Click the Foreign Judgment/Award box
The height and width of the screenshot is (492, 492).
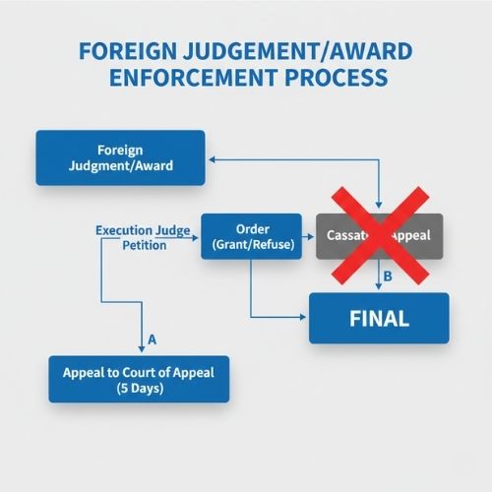pos(120,157)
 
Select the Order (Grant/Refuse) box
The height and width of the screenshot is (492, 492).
pos(250,237)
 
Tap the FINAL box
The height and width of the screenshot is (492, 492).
pos(379,319)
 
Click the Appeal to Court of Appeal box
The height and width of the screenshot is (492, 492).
pos(139,379)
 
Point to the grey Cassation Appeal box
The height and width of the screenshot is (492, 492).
pos(380,237)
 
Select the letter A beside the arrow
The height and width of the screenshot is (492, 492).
pos(153,339)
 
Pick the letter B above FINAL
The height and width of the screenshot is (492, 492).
pos(387,277)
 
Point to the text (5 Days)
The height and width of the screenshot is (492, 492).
pos(139,388)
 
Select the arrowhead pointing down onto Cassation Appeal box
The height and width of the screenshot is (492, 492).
pos(380,207)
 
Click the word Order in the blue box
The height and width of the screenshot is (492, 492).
pos(250,228)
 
